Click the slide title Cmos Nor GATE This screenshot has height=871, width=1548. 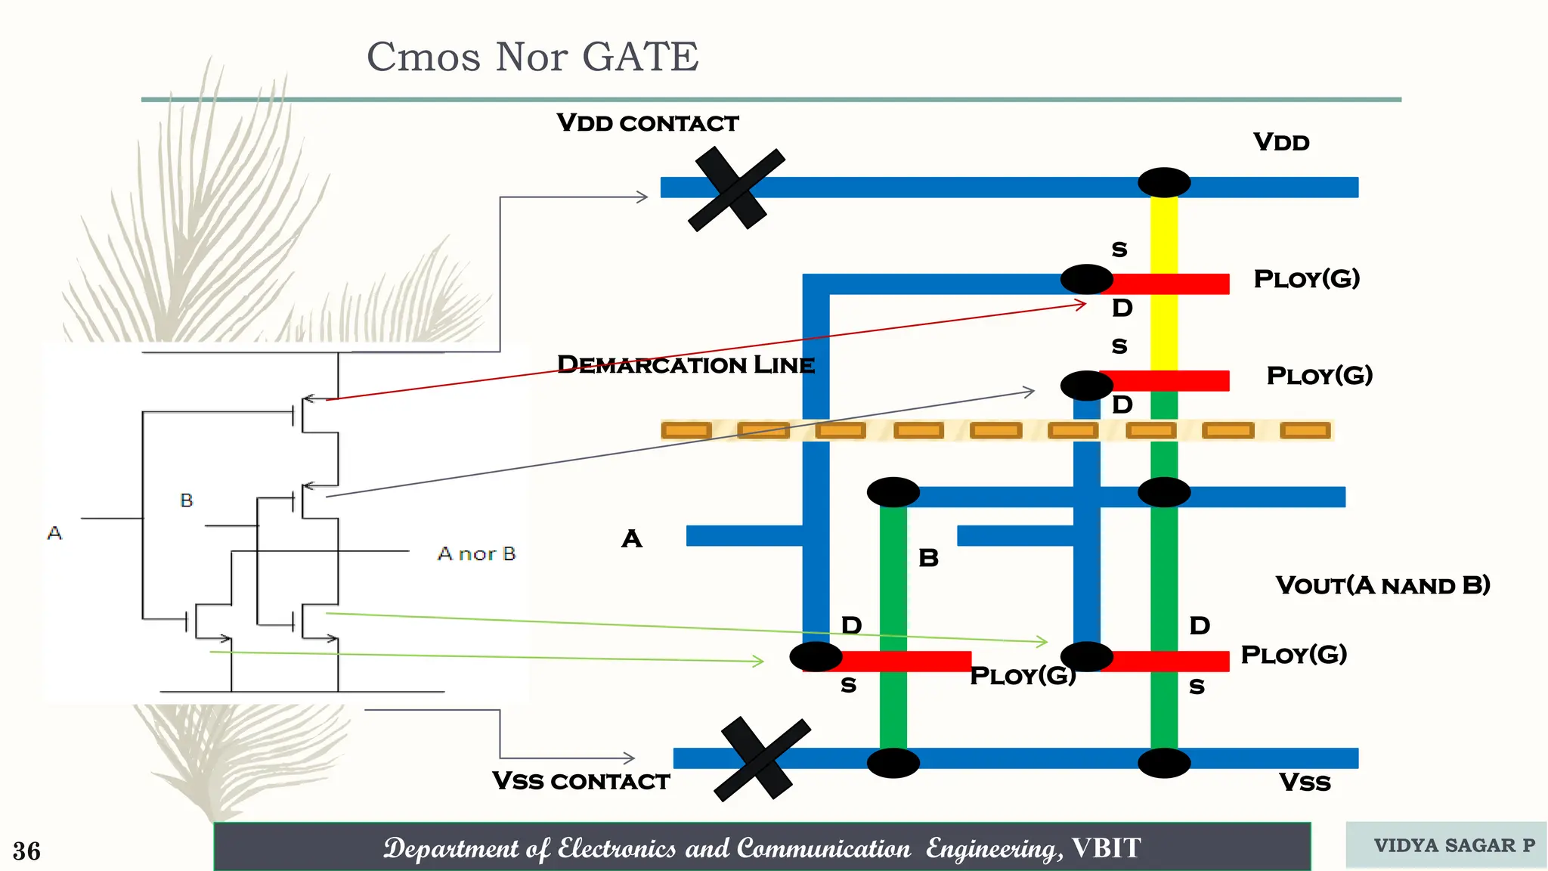tap(533, 57)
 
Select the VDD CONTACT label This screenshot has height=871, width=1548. tap(647, 123)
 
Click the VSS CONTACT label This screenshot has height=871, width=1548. tap(580, 781)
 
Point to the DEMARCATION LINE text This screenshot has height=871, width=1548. tap(686, 365)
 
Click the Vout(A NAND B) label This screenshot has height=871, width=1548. tap(1382, 585)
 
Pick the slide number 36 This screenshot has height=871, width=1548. tap(26, 851)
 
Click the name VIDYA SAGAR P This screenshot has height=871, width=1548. tap(1454, 845)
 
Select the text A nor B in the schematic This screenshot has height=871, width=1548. tap(476, 554)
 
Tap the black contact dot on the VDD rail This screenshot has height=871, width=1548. tap(1164, 183)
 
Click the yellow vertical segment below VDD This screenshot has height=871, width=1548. tap(1164, 234)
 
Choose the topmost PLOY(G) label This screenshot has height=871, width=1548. tap(1306, 279)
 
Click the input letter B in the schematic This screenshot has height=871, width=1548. tap(187, 501)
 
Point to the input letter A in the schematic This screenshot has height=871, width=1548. tap(54, 533)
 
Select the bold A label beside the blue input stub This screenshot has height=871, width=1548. tap(632, 539)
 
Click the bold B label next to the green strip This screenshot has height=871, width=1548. tap(928, 558)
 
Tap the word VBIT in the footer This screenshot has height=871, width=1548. tap(1106, 848)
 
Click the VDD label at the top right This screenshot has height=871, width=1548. tap(1281, 142)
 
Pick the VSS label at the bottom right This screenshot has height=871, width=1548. tap(1305, 783)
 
